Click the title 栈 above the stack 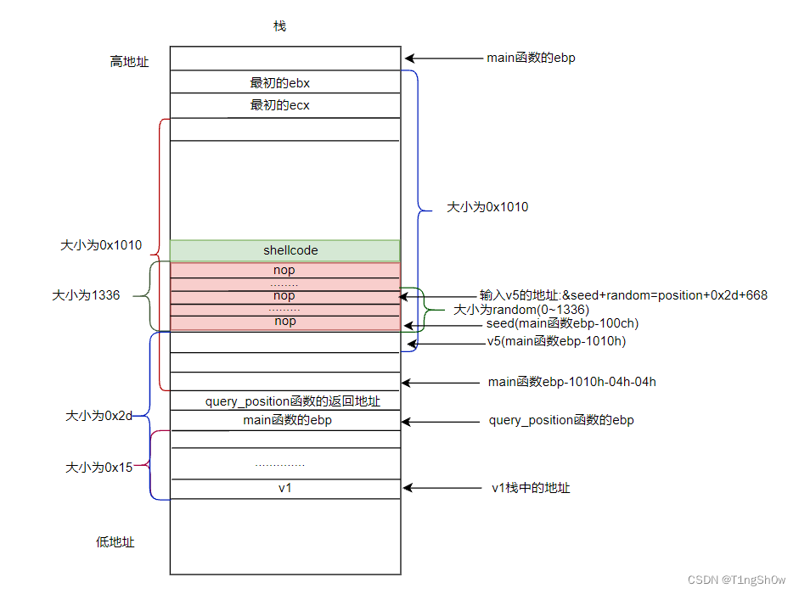[x=279, y=26]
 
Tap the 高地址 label [x=129, y=61]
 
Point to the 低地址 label [x=115, y=542]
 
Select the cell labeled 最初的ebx [x=284, y=82]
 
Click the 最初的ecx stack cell [x=284, y=105]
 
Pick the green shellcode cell [x=284, y=250]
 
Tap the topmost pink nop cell [x=284, y=271]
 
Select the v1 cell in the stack [x=285, y=489]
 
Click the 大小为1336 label [x=86, y=296]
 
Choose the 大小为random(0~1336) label [x=521, y=310]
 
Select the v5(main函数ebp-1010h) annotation [x=556, y=342]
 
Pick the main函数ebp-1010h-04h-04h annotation [x=572, y=382]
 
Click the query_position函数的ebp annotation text [x=561, y=420]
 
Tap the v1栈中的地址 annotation [x=531, y=488]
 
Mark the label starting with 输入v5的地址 [x=623, y=295]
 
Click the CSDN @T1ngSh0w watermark [x=736, y=580]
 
